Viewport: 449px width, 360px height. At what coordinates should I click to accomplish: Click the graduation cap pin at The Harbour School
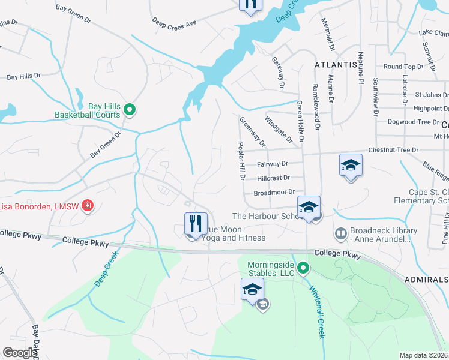309,208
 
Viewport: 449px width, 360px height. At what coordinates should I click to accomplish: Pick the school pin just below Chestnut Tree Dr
351,166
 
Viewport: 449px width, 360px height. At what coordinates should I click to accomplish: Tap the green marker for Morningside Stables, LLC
303,268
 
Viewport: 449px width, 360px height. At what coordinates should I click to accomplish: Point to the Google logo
20,353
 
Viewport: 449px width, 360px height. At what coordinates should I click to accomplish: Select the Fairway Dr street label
272,163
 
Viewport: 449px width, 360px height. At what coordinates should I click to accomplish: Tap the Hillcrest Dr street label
273,178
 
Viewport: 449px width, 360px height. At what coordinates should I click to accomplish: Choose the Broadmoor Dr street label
274,193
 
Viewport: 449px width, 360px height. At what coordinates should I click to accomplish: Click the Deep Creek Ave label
174,23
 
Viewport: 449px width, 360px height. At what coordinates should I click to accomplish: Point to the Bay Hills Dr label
23,77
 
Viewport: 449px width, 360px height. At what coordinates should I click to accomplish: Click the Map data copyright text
424,355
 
